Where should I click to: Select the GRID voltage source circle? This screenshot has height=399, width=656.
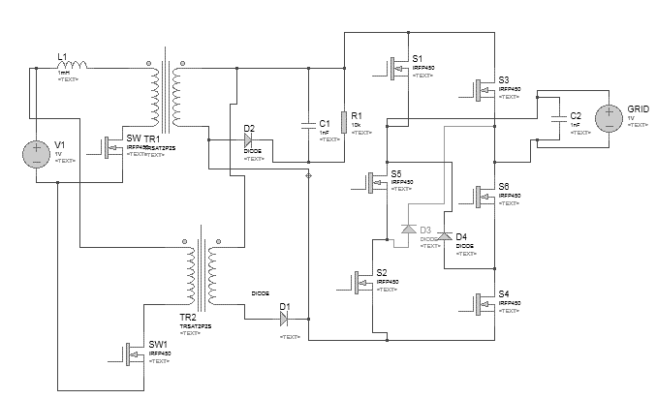click(608, 117)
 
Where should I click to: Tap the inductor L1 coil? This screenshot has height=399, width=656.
click(73, 66)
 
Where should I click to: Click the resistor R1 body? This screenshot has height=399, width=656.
click(343, 118)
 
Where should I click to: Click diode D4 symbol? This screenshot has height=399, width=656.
click(444, 235)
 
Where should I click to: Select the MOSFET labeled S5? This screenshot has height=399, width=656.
click(376, 182)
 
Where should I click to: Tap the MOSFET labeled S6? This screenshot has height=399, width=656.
click(481, 196)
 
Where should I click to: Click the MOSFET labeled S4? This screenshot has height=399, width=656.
click(481, 303)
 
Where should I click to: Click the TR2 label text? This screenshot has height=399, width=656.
click(188, 318)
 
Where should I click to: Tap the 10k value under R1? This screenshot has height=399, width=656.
click(357, 125)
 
